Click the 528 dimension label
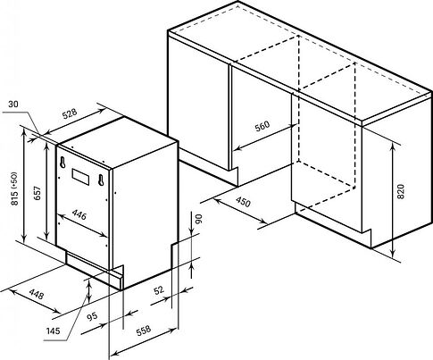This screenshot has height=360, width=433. [x=70, y=113]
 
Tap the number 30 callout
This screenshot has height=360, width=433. [x=13, y=104]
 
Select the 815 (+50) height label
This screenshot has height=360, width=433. [x=14, y=188]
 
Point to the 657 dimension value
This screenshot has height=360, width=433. [x=37, y=193]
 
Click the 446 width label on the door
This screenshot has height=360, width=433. [x=79, y=214]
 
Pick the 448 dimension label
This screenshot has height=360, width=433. [x=37, y=295]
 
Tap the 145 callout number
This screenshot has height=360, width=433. [x=53, y=331]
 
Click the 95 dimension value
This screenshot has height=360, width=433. [x=92, y=315]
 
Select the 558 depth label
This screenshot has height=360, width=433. [x=144, y=330]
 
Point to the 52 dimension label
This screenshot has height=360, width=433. [x=159, y=289]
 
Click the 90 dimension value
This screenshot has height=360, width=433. [x=199, y=219]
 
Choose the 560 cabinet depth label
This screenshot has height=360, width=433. [x=262, y=126]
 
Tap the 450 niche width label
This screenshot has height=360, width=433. [x=244, y=202]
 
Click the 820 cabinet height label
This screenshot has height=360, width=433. [x=401, y=191]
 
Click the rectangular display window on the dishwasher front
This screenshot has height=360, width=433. [x=80, y=176]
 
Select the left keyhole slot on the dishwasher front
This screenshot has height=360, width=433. [x=62, y=163]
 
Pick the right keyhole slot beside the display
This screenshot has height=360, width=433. [x=101, y=180]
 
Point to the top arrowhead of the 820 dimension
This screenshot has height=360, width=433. [x=393, y=147]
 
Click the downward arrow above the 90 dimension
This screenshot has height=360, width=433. [x=192, y=222]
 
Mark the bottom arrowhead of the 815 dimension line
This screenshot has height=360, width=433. [x=24, y=238]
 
